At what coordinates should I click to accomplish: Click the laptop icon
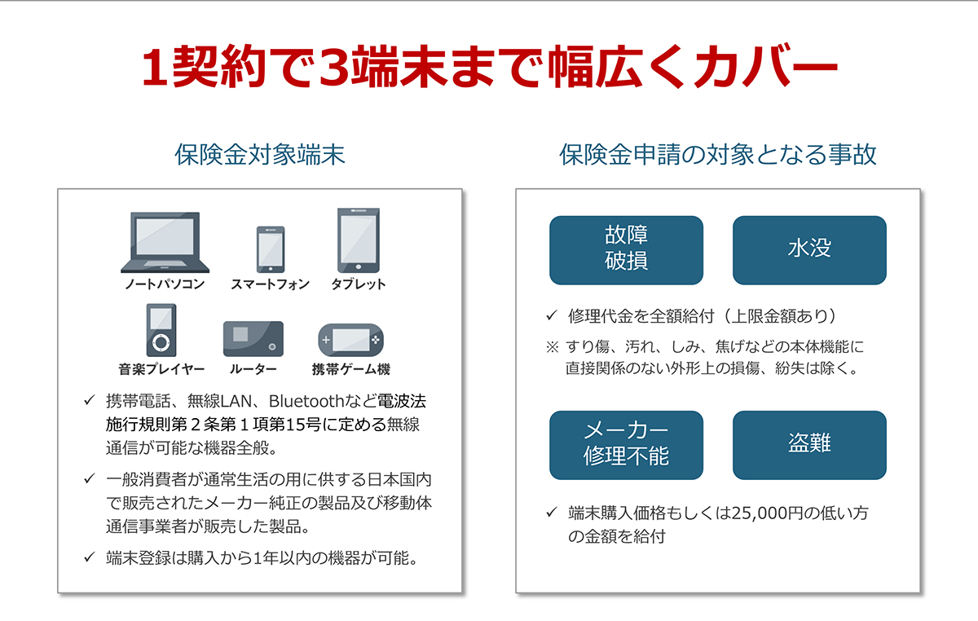pyautogui.click(x=165, y=242)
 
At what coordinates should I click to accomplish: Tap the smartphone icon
pyautogui.click(x=271, y=249)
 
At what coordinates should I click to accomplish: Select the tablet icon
pyautogui.click(x=359, y=240)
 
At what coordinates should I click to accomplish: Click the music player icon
pyautogui.click(x=161, y=330)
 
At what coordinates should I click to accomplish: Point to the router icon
pyautogui.click(x=253, y=339)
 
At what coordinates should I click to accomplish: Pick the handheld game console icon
pyautogui.click(x=351, y=340)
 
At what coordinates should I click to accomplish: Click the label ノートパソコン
pyautogui.click(x=165, y=284)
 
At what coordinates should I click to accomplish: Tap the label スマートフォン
pyautogui.click(x=271, y=284)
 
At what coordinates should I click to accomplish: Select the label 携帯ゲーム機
pyautogui.click(x=351, y=369)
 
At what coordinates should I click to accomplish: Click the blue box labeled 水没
pyautogui.click(x=809, y=250)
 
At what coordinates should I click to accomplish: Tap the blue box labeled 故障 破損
pyautogui.click(x=626, y=250)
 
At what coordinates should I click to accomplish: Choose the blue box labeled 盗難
pyautogui.click(x=809, y=445)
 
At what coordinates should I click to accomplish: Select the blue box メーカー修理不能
pyautogui.click(x=626, y=445)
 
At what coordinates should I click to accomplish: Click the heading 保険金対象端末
pyautogui.click(x=260, y=155)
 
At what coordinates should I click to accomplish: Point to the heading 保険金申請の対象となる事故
pyautogui.click(x=718, y=155)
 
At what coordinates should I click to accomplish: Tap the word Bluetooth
pyautogui.click(x=306, y=401)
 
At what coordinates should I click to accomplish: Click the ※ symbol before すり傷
pyautogui.click(x=553, y=347)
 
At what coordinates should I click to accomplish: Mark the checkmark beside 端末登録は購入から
pyautogui.click(x=90, y=557)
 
